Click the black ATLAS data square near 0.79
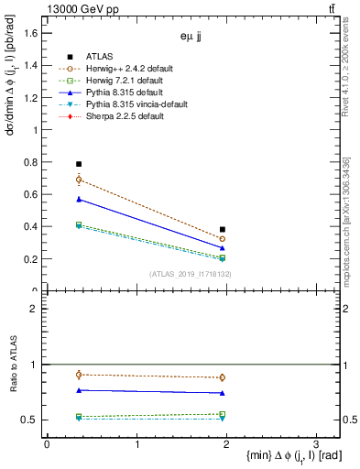(79, 164)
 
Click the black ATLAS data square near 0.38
(223, 230)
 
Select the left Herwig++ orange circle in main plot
(79, 180)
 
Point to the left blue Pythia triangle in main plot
(79, 199)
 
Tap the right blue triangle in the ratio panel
(223, 393)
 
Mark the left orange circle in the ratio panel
(79, 374)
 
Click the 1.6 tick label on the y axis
(30, 33)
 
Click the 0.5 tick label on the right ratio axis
(351, 420)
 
